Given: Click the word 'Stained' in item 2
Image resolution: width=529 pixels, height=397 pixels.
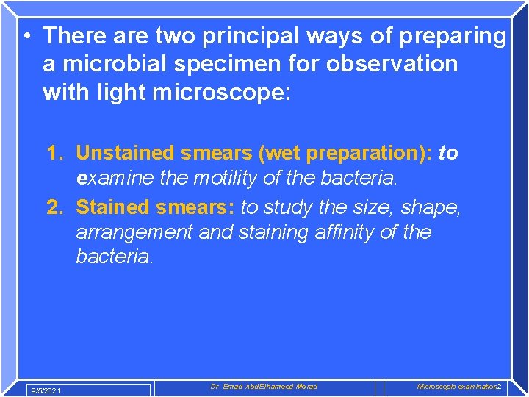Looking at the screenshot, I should click(111, 207).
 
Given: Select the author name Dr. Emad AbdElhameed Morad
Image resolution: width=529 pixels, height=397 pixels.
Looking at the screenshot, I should click(264, 387).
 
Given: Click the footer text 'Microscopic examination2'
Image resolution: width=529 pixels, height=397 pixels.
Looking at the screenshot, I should click(458, 387).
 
